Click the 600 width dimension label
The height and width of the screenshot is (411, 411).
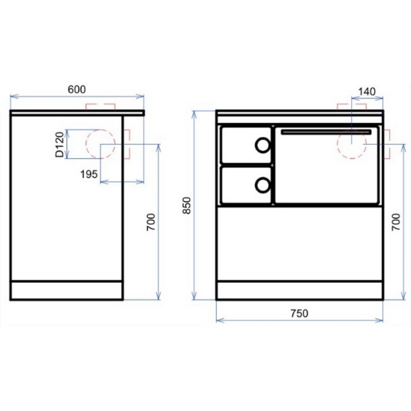pyautogui.click(x=76, y=89)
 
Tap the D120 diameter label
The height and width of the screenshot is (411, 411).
pyautogui.click(x=60, y=145)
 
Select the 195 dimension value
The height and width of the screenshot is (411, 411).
pyautogui.click(x=89, y=174)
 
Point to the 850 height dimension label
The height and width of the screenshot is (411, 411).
pyautogui.click(x=187, y=206)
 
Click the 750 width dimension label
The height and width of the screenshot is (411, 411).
pyautogui.click(x=299, y=313)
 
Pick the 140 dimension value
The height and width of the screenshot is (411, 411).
pyautogui.click(x=367, y=92)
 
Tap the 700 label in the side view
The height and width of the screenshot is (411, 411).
pyautogui.click(x=151, y=222)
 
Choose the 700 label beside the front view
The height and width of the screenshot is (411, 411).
pyautogui.click(x=396, y=222)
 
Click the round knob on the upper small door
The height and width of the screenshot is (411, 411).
pyautogui.click(x=262, y=145)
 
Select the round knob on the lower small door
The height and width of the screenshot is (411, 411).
pyautogui.click(x=262, y=185)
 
